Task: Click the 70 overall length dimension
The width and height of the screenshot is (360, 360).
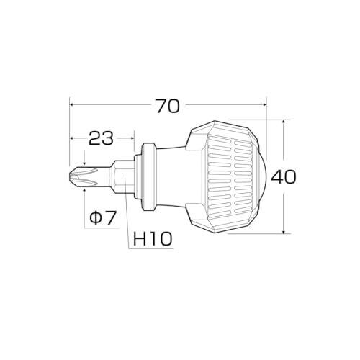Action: (x=168, y=106)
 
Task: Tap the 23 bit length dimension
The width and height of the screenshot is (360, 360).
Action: (x=101, y=138)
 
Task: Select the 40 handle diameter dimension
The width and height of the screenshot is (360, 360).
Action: (x=284, y=176)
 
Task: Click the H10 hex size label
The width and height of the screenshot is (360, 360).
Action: (x=153, y=238)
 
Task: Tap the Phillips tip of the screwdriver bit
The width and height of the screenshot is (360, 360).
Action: (x=83, y=177)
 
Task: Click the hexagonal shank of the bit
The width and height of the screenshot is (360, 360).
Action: (x=122, y=177)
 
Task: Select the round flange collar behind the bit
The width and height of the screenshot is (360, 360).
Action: (x=149, y=177)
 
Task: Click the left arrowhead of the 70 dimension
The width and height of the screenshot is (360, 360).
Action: (x=71, y=104)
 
